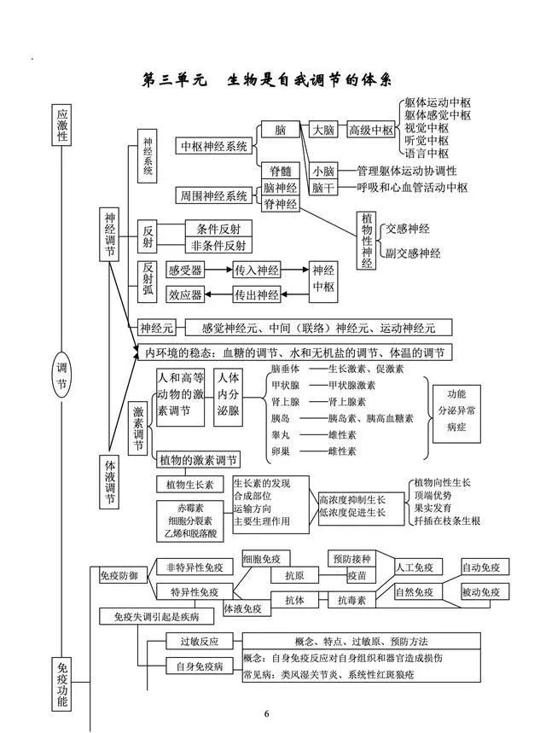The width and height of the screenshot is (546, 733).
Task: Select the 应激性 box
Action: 61,125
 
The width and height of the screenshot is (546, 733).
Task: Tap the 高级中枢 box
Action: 371,131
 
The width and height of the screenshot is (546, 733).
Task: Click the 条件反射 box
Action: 218,229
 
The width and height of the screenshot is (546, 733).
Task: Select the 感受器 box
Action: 185,270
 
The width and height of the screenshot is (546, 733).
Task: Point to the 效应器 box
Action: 185,295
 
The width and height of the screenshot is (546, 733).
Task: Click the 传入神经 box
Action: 257,270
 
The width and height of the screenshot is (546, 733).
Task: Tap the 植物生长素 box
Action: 189,485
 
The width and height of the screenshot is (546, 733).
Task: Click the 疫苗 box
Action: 357,576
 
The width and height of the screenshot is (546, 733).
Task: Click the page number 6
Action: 266,713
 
